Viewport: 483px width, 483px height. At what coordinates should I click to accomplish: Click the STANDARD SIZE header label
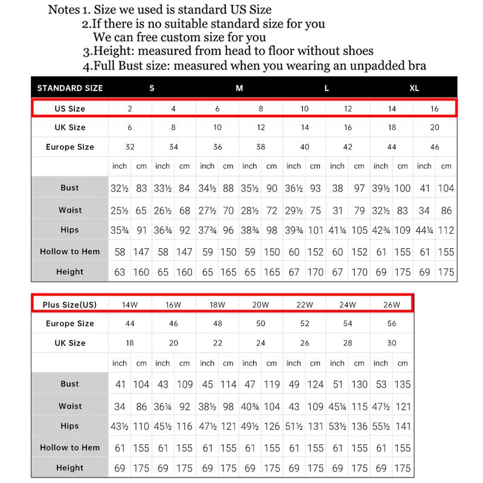70,88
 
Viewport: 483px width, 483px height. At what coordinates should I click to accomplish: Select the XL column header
414,88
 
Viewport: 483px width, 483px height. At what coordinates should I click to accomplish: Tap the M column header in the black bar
240,88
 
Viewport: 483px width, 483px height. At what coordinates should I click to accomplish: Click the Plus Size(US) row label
70,304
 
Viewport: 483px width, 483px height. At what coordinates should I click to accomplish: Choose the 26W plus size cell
392,304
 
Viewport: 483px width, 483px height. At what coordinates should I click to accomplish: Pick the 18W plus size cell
217,304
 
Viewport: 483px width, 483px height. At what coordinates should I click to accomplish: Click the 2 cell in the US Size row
130,109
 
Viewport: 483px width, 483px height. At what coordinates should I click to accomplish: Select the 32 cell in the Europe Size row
130,147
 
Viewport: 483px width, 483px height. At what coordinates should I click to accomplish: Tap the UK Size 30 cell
392,343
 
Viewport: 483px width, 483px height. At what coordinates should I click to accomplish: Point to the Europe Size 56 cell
392,324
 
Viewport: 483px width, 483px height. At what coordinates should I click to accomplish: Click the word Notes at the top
64,10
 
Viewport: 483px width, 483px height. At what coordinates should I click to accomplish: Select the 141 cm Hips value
403,426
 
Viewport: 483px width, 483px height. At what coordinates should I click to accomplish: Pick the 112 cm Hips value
446,230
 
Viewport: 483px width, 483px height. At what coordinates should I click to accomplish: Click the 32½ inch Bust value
120,188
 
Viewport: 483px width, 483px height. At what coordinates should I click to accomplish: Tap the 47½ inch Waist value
381,406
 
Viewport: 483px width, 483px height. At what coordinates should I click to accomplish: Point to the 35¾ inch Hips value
120,230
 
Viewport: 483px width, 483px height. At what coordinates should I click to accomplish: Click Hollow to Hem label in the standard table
70,251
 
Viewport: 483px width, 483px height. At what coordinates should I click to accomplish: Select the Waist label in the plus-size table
70,406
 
